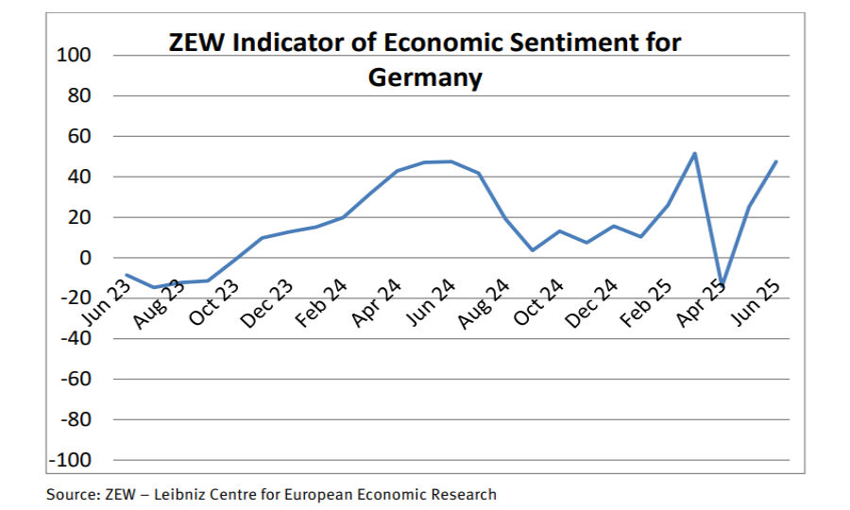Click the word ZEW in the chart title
coord(195,43)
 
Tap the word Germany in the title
coord(425,77)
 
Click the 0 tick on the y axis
coord(87,258)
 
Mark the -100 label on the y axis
coord(74,460)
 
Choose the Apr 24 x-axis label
coord(373,305)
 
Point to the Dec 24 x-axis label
coord(593,305)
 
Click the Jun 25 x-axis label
coord(756,305)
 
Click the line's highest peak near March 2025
coord(695,153)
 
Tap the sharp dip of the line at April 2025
coord(722,284)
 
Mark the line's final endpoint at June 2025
coord(776,161)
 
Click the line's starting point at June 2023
coord(126,275)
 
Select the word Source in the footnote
coord(71,494)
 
